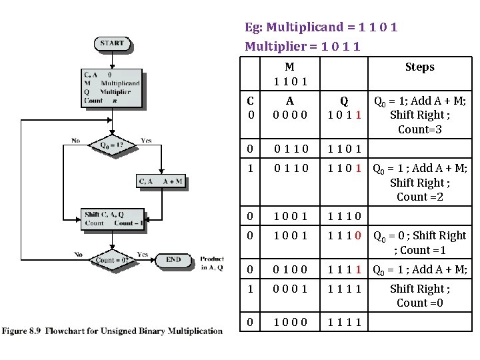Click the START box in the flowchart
(112, 44)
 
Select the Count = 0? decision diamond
(111, 259)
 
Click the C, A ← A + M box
(160, 181)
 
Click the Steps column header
(419, 67)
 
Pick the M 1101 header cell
(289, 74)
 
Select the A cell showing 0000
(289, 108)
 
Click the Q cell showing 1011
(344, 108)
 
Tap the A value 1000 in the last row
(289, 321)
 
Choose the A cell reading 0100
(289, 269)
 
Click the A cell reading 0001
(289, 289)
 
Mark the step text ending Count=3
(419, 115)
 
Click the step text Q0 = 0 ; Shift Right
(419, 242)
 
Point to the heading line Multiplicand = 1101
(321, 28)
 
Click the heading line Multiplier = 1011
(303, 46)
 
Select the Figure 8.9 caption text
(112, 331)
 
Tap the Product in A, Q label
(212, 263)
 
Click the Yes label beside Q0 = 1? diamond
(147, 141)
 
